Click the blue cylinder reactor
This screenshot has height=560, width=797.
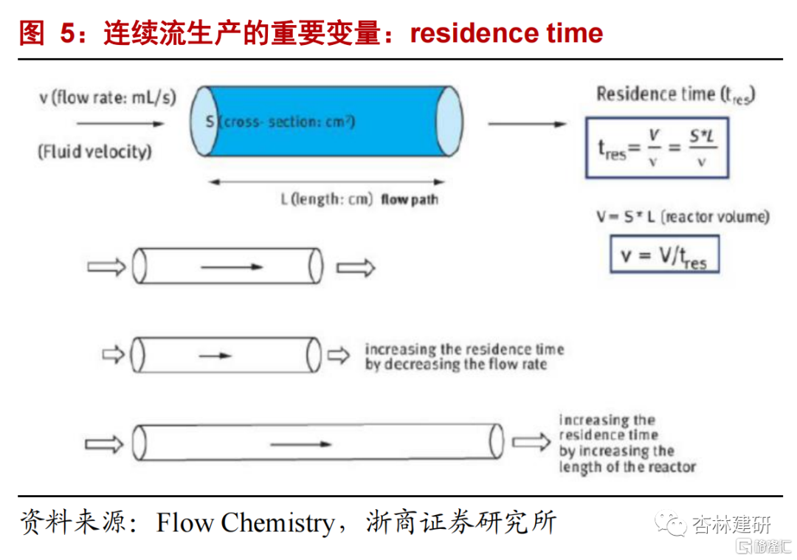(x=325, y=122)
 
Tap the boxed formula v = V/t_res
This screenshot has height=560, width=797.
(x=663, y=255)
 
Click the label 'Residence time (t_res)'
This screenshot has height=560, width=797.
(x=674, y=94)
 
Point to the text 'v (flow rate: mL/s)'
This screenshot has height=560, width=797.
(x=107, y=97)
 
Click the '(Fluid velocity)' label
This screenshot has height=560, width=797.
(x=95, y=152)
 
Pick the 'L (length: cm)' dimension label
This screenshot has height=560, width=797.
(x=327, y=199)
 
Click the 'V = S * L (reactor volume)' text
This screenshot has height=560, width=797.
(x=683, y=217)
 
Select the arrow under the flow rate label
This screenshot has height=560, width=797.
(x=120, y=123)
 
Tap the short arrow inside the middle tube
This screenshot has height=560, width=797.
(x=215, y=355)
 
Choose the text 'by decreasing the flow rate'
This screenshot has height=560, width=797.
(x=455, y=364)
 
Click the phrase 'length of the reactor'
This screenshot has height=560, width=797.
(x=627, y=466)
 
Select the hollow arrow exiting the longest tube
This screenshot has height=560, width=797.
(x=531, y=442)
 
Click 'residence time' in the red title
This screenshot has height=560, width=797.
(x=506, y=33)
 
